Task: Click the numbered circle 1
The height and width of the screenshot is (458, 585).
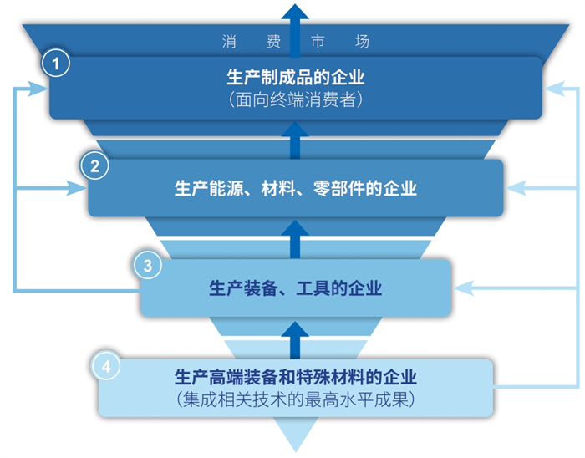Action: (x=56, y=64)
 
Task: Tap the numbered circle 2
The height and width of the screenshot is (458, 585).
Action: (x=94, y=166)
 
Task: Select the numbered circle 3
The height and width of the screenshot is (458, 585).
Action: (x=148, y=266)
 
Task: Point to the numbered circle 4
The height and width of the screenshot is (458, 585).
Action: (x=106, y=366)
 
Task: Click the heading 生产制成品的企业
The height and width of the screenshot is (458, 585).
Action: (x=296, y=78)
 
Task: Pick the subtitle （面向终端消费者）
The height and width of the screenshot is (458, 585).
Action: (x=296, y=100)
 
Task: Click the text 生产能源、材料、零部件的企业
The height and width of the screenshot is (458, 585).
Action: (x=296, y=188)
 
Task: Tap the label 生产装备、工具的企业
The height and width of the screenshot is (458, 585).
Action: (x=296, y=288)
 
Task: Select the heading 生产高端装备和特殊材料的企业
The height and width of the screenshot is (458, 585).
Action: (x=296, y=377)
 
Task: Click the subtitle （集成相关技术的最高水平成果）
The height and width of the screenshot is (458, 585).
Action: (x=296, y=399)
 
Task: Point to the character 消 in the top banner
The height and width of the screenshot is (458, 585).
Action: (x=229, y=41)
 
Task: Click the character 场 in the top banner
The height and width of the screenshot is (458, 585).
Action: (x=362, y=41)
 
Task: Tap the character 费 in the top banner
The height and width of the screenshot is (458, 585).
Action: (x=273, y=41)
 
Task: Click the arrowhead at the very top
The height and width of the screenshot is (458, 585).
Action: (x=295, y=11)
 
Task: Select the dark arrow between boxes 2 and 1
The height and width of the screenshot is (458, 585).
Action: (x=295, y=140)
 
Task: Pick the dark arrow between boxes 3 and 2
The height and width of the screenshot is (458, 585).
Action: (x=295, y=239)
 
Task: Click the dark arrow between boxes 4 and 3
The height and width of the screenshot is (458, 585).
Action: (x=295, y=340)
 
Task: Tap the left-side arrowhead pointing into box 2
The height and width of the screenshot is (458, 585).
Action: (x=77, y=188)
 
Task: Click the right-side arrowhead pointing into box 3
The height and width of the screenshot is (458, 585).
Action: (x=463, y=288)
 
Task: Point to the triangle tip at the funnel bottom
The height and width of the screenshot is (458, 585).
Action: (x=296, y=452)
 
